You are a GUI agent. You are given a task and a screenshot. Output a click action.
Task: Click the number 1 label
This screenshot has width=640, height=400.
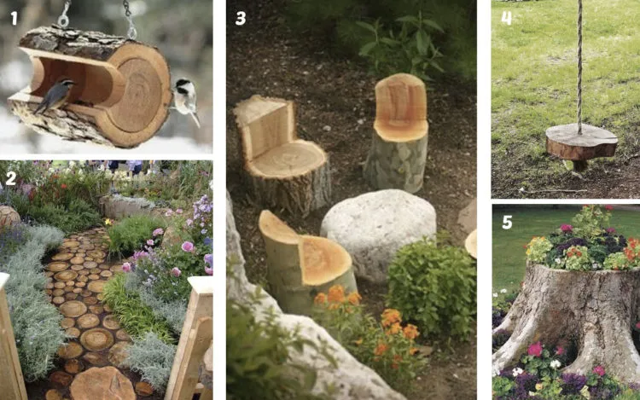tap(14, 19)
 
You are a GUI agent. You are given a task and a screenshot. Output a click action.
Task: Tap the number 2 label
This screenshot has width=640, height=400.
tap(10, 178)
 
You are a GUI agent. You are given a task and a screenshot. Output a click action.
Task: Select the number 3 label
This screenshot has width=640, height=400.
tap(241, 18)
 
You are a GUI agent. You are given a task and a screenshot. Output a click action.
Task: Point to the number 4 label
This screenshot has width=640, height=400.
tap(506, 19)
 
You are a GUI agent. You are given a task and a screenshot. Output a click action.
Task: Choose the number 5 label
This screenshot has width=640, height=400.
tap(507, 223)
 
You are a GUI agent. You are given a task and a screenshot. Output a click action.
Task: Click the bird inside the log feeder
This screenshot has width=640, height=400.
tap(55, 96)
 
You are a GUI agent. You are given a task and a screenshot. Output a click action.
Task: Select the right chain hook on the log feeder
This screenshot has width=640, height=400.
tap(130, 22)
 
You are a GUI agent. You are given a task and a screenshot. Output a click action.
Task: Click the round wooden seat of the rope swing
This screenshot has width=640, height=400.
tap(581, 142)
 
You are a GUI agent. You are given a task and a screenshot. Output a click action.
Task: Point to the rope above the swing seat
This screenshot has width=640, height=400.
tap(579, 65)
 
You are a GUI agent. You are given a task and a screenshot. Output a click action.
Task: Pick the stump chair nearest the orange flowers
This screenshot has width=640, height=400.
tap(306, 261)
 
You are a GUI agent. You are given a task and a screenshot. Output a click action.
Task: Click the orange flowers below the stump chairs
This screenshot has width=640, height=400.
tap(367, 322)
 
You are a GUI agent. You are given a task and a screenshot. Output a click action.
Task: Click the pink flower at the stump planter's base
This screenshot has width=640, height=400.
tap(535, 349)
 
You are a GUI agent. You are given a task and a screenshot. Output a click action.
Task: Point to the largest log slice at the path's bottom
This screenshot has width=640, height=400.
tap(102, 383)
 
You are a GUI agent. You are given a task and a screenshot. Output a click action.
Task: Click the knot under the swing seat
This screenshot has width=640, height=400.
tap(580, 165)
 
